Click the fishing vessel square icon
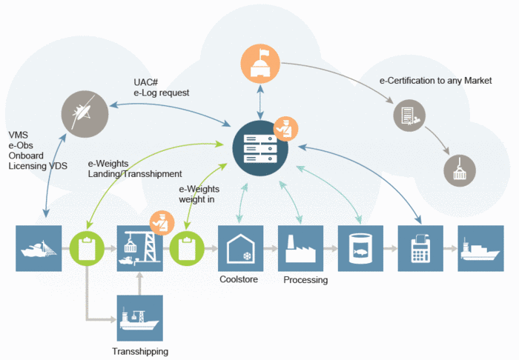pyautogui.click(x=38, y=248)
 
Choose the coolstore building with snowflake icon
pyautogui.click(x=240, y=248)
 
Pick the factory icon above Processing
pyautogui.click(x=300, y=248)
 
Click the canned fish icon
pyautogui.click(x=360, y=248)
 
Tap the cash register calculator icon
pyautogui.click(x=420, y=248)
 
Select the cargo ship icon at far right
pyautogui.click(x=480, y=248)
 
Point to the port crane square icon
pyautogui.click(x=139, y=248)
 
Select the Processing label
pyautogui.click(x=305, y=281)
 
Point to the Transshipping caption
pyautogui.click(x=140, y=351)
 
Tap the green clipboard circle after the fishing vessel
pyautogui.click(x=87, y=248)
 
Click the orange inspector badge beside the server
pyautogui.click(x=285, y=127)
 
